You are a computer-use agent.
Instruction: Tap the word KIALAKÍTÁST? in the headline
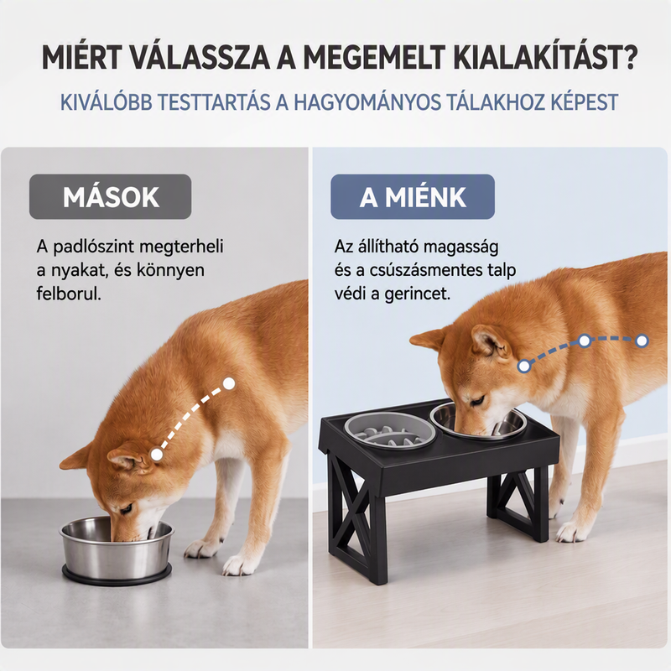(x=544, y=57)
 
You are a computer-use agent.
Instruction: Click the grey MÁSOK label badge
(x=110, y=196)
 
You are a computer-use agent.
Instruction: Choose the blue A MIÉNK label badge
(x=413, y=196)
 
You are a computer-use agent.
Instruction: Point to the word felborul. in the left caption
(x=69, y=294)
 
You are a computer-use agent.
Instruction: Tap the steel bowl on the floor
(x=117, y=550)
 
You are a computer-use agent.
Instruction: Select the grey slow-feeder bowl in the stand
(x=383, y=431)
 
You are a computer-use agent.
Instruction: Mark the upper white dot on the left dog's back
(x=229, y=383)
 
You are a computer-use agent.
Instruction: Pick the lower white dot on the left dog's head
(x=157, y=454)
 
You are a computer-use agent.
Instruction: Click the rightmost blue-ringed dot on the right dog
(x=642, y=341)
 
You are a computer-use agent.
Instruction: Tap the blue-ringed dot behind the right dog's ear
(x=523, y=366)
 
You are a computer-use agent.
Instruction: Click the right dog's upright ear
(x=489, y=341)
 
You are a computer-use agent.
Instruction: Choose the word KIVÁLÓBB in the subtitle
(x=107, y=101)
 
